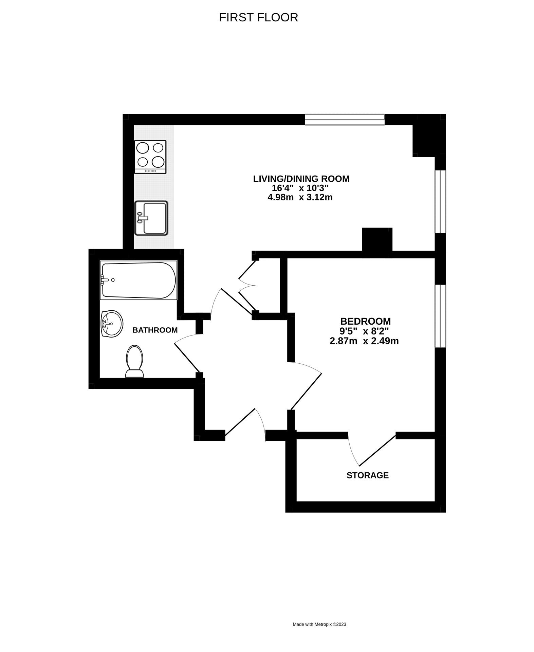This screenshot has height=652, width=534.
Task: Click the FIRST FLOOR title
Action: [x=258, y=17]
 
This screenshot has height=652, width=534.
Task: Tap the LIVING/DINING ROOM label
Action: [x=301, y=179]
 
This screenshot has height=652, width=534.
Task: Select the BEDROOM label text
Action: [x=365, y=321]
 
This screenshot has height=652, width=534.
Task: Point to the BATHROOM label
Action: [x=155, y=330]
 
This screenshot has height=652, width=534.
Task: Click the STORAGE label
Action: [x=367, y=475]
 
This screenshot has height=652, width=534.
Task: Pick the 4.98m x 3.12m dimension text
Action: [x=300, y=197]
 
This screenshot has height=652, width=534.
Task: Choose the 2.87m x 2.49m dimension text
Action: [x=364, y=341]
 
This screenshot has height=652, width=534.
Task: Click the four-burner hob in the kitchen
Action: [x=150, y=157]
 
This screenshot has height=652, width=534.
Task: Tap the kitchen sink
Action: [x=151, y=218]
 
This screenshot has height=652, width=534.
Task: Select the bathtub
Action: [x=139, y=280]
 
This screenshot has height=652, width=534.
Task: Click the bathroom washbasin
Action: [x=112, y=324]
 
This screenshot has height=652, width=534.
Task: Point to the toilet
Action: [x=134, y=361]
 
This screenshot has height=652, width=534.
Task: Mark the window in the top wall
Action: [x=345, y=120]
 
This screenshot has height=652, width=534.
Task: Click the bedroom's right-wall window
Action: [x=440, y=316]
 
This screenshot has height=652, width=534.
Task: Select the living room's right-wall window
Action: [x=440, y=202]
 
